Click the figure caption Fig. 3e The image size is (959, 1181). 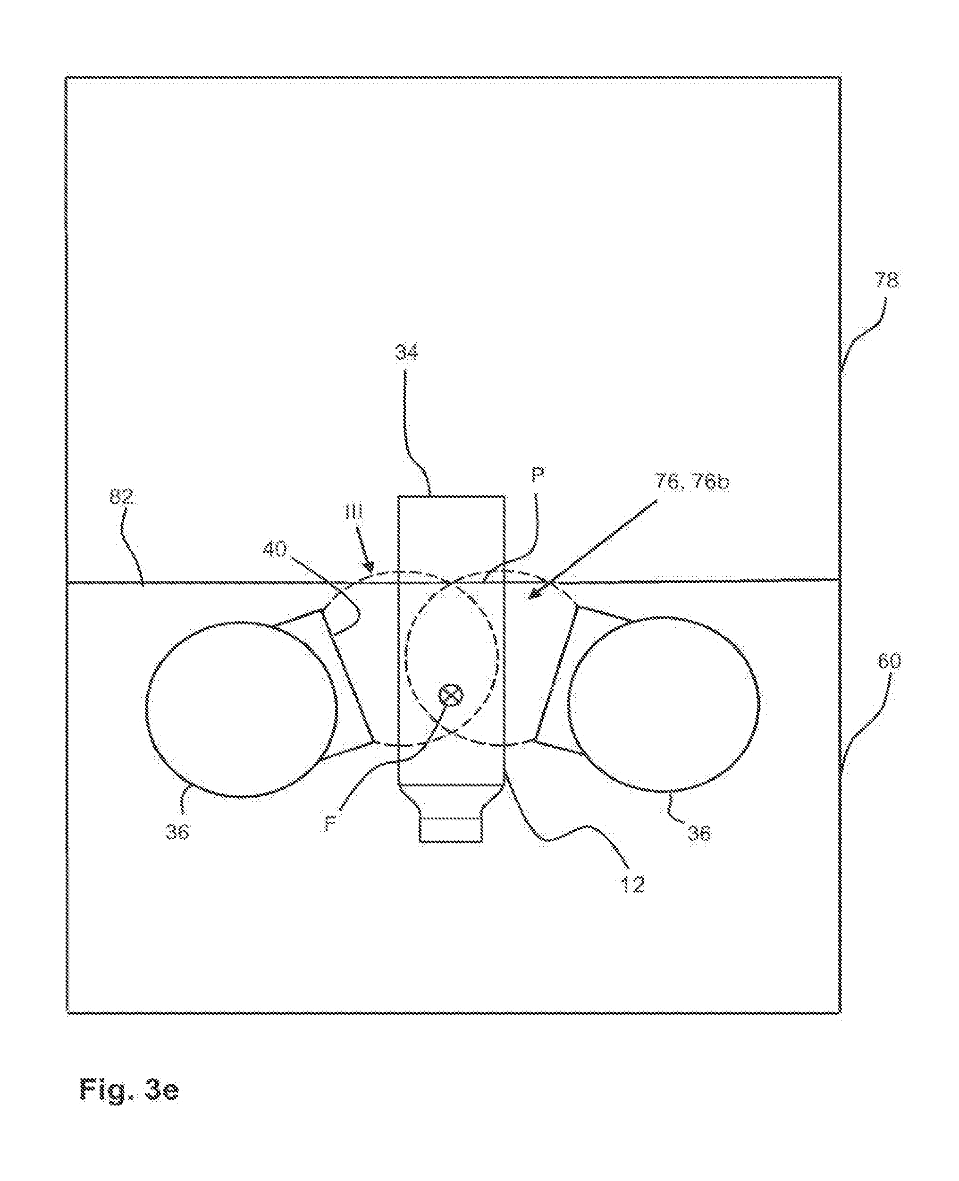(129, 1089)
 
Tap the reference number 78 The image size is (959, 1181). (886, 280)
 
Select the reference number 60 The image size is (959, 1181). (888, 661)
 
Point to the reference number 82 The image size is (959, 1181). (121, 498)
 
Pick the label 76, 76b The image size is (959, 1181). (691, 481)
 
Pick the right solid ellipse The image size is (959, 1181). (664, 703)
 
